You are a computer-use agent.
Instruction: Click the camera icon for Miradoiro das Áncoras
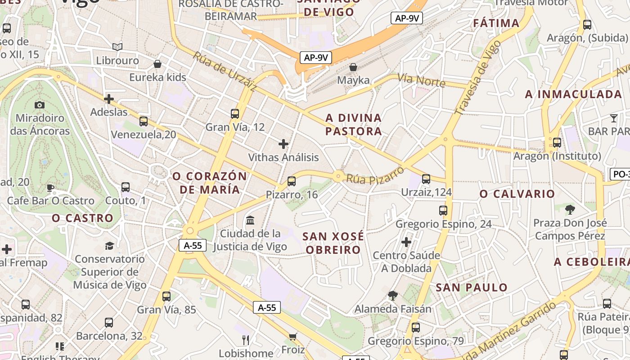(40, 105)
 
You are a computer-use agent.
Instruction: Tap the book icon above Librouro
(117, 47)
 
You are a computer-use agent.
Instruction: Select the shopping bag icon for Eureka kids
(157, 64)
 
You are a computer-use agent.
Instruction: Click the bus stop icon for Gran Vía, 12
(235, 113)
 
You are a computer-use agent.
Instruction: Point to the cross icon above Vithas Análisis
(283, 144)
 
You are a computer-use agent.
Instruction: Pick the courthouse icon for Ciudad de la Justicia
(250, 220)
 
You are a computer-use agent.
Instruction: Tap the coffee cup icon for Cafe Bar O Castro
(50, 188)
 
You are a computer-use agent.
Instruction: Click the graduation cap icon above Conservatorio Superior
(109, 246)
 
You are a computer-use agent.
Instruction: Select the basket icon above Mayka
(354, 67)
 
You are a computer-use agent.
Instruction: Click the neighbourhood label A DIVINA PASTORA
(354, 125)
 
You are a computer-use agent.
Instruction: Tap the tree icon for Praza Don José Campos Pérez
(570, 209)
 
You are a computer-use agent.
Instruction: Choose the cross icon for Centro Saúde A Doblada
(406, 242)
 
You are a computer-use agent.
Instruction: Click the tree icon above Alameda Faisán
(393, 296)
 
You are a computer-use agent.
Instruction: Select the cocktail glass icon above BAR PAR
(614, 118)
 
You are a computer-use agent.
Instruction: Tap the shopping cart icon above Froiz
(293, 337)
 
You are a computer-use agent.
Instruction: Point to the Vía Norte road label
(422, 81)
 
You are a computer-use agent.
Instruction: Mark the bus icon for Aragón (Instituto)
(557, 143)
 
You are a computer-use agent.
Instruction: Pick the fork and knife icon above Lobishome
(246, 340)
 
